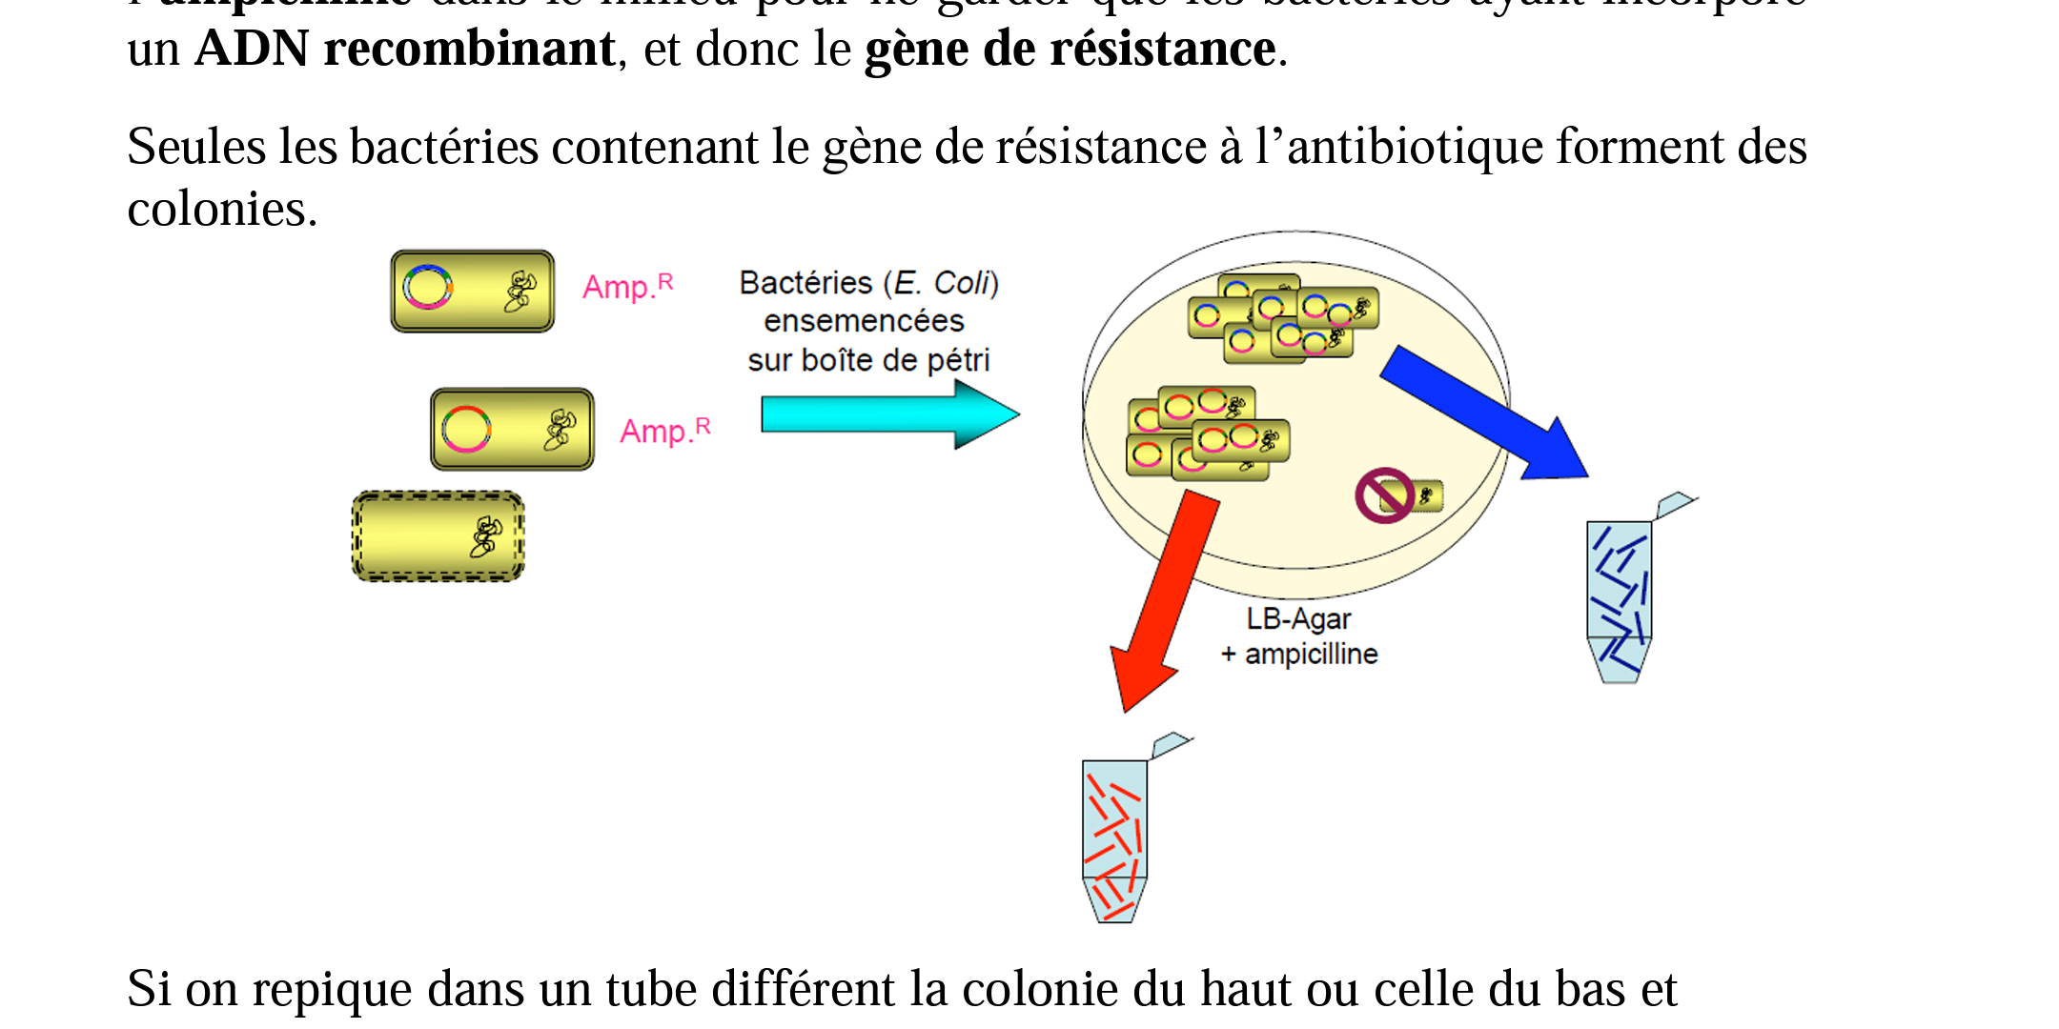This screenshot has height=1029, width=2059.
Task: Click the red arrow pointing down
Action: point(1164,600)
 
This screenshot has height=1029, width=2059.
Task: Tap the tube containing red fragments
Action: point(1114,838)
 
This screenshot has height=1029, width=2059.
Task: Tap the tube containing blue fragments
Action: point(1619,600)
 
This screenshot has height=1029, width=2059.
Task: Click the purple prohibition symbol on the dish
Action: point(1384,495)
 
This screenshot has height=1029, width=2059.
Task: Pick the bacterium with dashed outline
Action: point(438,536)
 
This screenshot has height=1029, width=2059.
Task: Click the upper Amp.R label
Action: point(628,286)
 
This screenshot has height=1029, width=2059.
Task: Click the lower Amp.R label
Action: point(665,431)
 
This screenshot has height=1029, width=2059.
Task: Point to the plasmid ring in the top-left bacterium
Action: point(427,287)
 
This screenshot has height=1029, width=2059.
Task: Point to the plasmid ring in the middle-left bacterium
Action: point(466,429)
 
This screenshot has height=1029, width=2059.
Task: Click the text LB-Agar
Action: point(1298,619)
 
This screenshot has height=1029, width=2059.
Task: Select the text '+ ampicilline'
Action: point(1300,655)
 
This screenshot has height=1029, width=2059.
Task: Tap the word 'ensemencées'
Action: point(864,321)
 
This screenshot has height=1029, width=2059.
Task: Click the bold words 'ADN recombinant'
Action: point(404,50)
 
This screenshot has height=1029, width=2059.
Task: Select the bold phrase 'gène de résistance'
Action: point(1070,50)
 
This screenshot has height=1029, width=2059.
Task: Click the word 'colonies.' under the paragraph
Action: point(222,209)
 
